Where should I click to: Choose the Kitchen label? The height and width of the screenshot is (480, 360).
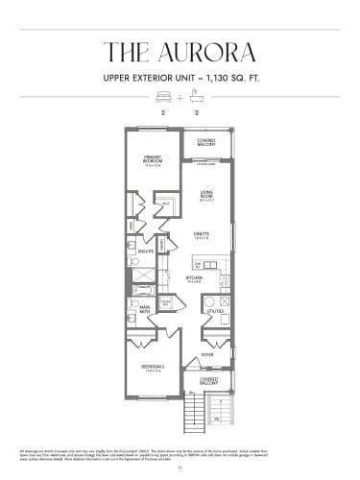[194, 279]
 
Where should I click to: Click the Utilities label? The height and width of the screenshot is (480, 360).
[215, 312]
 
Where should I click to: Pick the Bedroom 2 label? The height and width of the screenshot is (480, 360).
[152, 368]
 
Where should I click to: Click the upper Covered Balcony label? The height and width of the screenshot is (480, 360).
[206, 142]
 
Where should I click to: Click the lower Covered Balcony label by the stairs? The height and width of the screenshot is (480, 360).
[208, 381]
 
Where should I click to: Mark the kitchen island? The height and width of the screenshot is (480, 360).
[201, 263]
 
